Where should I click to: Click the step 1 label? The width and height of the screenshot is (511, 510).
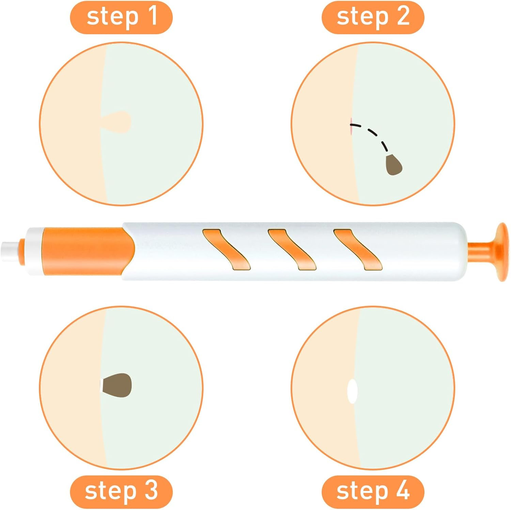click(121, 17)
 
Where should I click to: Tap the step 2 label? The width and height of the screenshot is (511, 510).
click(373, 17)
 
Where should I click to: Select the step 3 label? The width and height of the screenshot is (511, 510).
click(121, 491)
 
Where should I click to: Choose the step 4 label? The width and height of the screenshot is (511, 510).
click(373, 491)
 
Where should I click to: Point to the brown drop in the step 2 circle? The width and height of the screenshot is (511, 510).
click(394, 165)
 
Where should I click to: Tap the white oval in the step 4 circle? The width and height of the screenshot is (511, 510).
click(352, 391)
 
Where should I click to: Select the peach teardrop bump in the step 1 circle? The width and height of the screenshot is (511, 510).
click(118, 121)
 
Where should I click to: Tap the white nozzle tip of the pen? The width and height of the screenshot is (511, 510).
click(10, 252)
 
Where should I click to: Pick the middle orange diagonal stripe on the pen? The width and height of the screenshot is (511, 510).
click(292, 250)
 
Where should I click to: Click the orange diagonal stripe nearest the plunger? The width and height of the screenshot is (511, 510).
click(357, 250)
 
